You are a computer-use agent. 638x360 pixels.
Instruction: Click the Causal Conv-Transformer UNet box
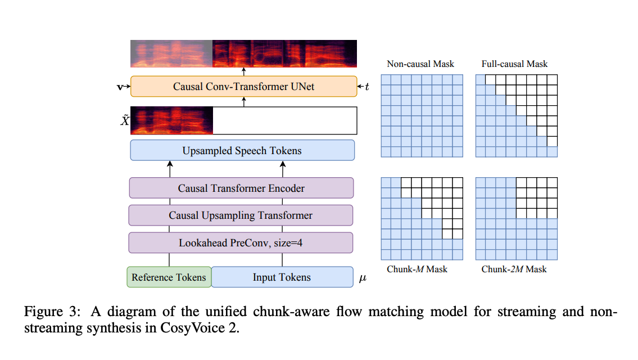coord(243,87)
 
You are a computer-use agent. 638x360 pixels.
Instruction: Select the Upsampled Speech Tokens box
coord(242,151)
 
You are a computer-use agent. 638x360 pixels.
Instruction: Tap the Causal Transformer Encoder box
coord(241,188)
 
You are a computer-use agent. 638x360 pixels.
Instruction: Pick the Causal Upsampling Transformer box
coord(241,215)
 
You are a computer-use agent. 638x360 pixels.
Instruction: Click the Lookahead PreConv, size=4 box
coord(241,243)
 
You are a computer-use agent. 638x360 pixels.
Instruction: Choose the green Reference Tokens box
coord(169,277)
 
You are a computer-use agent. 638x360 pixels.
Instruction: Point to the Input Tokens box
coord(282,277)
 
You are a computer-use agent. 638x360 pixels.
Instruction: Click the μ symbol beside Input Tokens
coord(363,278)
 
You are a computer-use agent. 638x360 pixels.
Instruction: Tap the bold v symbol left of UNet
coord(119,87)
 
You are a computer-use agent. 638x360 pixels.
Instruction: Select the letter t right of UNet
coord(367,87)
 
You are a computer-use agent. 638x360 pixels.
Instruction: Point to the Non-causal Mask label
coord(420,64)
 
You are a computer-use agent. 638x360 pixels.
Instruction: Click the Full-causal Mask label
coord(514,64)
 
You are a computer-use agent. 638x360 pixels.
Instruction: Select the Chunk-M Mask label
coord(417,269)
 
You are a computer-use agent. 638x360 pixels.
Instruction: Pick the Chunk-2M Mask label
coord(514,269)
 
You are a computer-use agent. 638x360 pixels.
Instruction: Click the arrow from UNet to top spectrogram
coord(244,71)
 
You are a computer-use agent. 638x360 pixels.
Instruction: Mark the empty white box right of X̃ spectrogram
coord(285,120)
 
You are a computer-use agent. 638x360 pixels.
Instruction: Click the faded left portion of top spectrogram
coord(171,53)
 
